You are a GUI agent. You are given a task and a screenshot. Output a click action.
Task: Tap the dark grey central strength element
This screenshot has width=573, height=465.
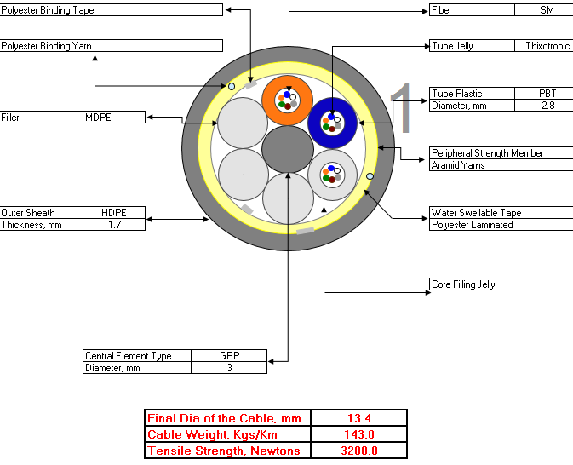288,149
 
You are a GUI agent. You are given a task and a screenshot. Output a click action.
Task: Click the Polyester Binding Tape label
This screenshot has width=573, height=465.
48,10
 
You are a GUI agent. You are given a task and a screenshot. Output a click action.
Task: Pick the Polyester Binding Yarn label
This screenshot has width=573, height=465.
47,46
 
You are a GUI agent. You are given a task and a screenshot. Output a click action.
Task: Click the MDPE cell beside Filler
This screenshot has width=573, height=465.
98,118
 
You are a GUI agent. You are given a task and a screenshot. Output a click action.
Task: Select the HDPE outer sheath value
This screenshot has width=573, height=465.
114,213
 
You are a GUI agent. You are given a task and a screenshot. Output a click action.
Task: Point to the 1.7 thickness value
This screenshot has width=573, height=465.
114,225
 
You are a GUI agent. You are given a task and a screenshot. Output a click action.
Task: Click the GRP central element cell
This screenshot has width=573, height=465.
230,356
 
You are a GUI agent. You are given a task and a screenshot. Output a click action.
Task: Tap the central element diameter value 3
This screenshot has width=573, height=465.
229,368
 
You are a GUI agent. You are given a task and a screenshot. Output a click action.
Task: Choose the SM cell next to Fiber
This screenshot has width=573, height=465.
547,10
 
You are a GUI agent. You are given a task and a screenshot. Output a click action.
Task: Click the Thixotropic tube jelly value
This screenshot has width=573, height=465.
547,46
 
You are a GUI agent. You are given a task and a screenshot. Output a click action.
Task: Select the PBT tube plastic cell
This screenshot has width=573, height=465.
547,94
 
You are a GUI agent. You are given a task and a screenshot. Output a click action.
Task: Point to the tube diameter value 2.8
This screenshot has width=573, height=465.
547,106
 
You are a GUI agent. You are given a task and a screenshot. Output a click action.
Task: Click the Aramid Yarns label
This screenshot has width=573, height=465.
458,165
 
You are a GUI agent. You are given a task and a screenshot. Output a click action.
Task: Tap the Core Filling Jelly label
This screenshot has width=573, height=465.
463,284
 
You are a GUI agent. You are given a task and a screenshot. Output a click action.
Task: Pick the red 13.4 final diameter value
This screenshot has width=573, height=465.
359,418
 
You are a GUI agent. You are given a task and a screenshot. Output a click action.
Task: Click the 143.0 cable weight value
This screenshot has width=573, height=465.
359,434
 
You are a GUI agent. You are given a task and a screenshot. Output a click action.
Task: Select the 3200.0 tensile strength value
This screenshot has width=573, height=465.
359,451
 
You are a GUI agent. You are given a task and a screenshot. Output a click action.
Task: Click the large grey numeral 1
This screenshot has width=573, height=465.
401,108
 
